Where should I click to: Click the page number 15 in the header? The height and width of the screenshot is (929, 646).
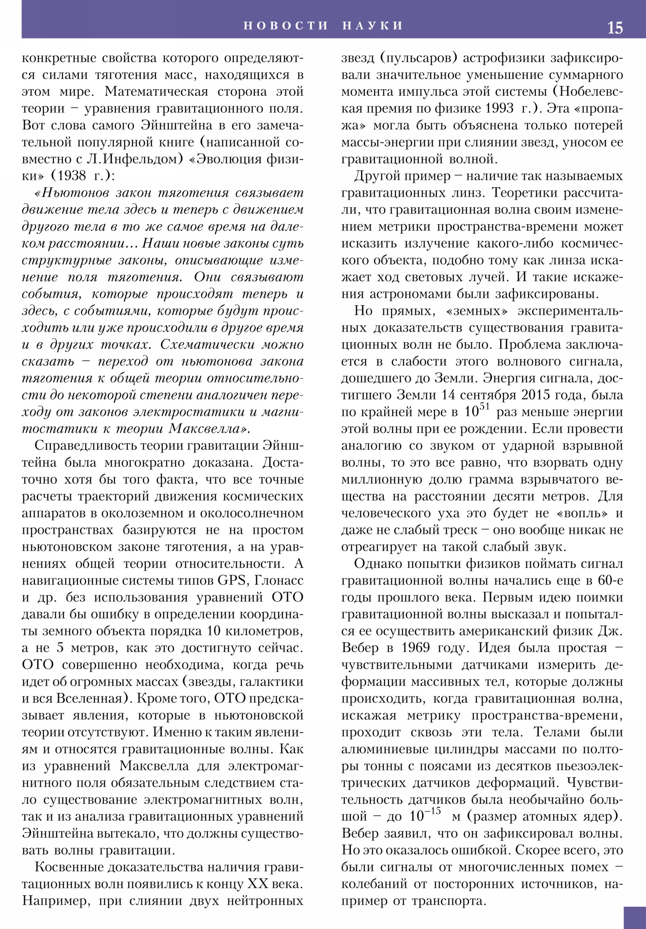click(x=615, y=28)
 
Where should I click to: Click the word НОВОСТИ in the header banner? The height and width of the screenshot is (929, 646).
click(x=286, y=25)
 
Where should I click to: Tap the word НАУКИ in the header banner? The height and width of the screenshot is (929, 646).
click(x=373, y=25)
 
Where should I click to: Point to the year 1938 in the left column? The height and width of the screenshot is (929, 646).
click(x=71, y=176)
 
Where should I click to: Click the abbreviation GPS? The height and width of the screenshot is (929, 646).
click(x=232, y=580)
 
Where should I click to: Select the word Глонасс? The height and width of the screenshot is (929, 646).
click(x=279, y=580)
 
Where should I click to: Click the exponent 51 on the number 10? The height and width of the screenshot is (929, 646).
click(x=484, y=407)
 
